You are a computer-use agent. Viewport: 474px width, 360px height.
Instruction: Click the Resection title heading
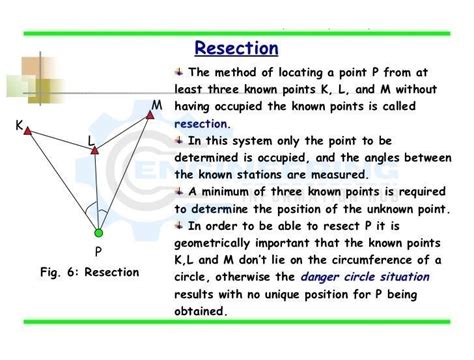point(236,48)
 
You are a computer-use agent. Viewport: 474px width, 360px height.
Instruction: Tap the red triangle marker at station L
point(96,151)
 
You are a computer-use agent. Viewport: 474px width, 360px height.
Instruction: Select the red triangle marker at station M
point(149,116)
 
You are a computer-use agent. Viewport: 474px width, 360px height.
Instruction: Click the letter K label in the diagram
point(19,126)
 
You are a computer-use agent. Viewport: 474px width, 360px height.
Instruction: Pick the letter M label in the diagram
point(156,105)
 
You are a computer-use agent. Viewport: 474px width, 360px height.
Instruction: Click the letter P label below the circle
point(98,252)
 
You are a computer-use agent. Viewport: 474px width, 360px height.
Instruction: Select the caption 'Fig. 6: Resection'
point(90,272)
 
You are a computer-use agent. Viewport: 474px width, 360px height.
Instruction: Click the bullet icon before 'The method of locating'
point(179,73)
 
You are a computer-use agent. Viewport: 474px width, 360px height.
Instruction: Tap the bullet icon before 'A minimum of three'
point(179,193)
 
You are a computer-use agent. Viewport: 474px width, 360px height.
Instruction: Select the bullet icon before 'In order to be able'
point(179,227)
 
